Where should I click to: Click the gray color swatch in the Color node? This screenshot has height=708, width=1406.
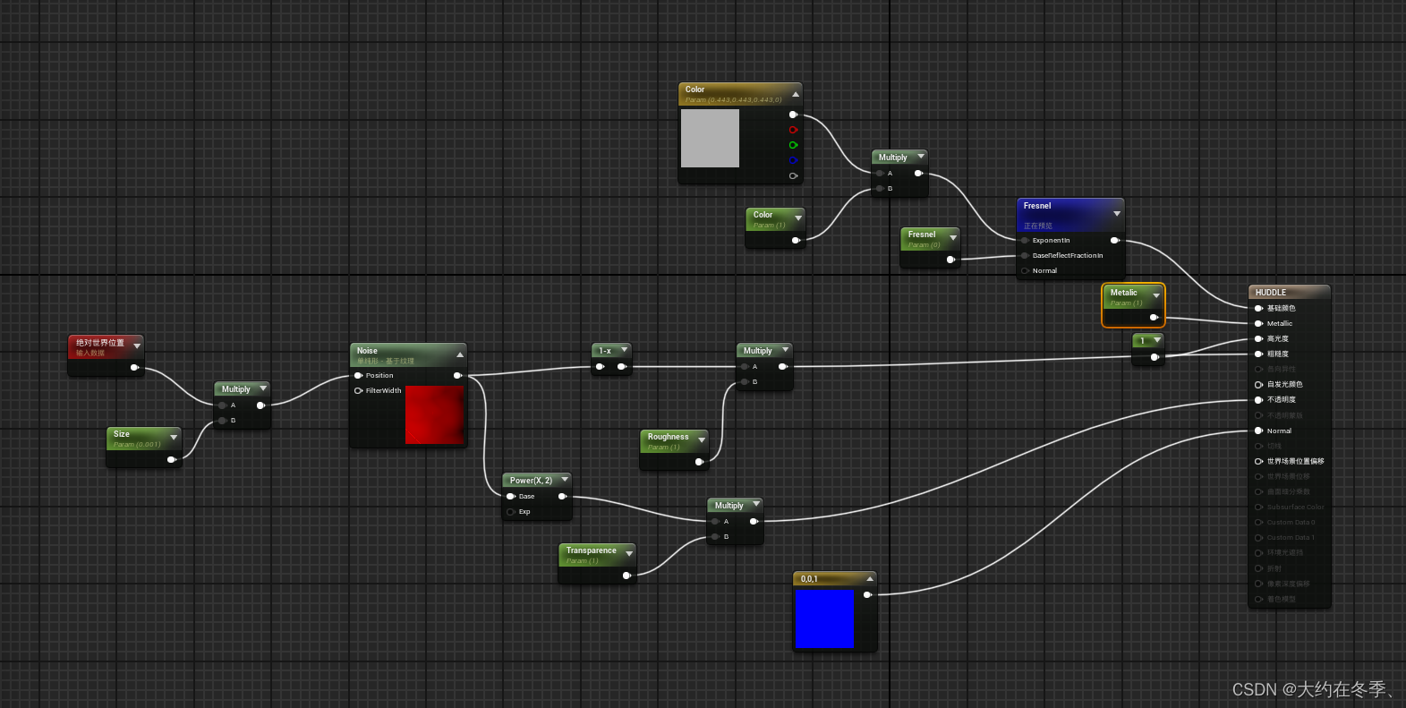[710, 138]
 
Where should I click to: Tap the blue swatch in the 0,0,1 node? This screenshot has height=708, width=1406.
[824, 618]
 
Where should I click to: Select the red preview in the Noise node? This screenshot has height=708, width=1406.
[434, 414]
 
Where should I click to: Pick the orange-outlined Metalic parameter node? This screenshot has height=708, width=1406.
[1132, 304]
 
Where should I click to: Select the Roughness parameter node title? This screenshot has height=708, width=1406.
[669, 438]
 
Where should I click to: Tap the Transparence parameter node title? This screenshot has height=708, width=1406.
[591, 551]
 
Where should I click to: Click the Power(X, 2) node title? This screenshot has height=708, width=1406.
[531, 481]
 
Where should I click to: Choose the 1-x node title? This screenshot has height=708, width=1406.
[606, 351]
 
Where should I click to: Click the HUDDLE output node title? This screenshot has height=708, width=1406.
[1271, 293]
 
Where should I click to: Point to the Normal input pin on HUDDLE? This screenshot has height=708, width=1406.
[1258, 431]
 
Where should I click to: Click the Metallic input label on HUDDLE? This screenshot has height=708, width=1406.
[1279, 323]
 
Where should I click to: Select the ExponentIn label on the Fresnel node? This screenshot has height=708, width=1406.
[1051, 240]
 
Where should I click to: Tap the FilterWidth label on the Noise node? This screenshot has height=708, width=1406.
[383, 390]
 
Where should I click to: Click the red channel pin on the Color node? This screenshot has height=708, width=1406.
[792, 130]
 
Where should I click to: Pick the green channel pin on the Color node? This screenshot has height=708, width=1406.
[792, 145]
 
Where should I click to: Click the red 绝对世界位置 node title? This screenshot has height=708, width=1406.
[100, 343]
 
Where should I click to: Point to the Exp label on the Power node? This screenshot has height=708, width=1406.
[524, 512]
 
